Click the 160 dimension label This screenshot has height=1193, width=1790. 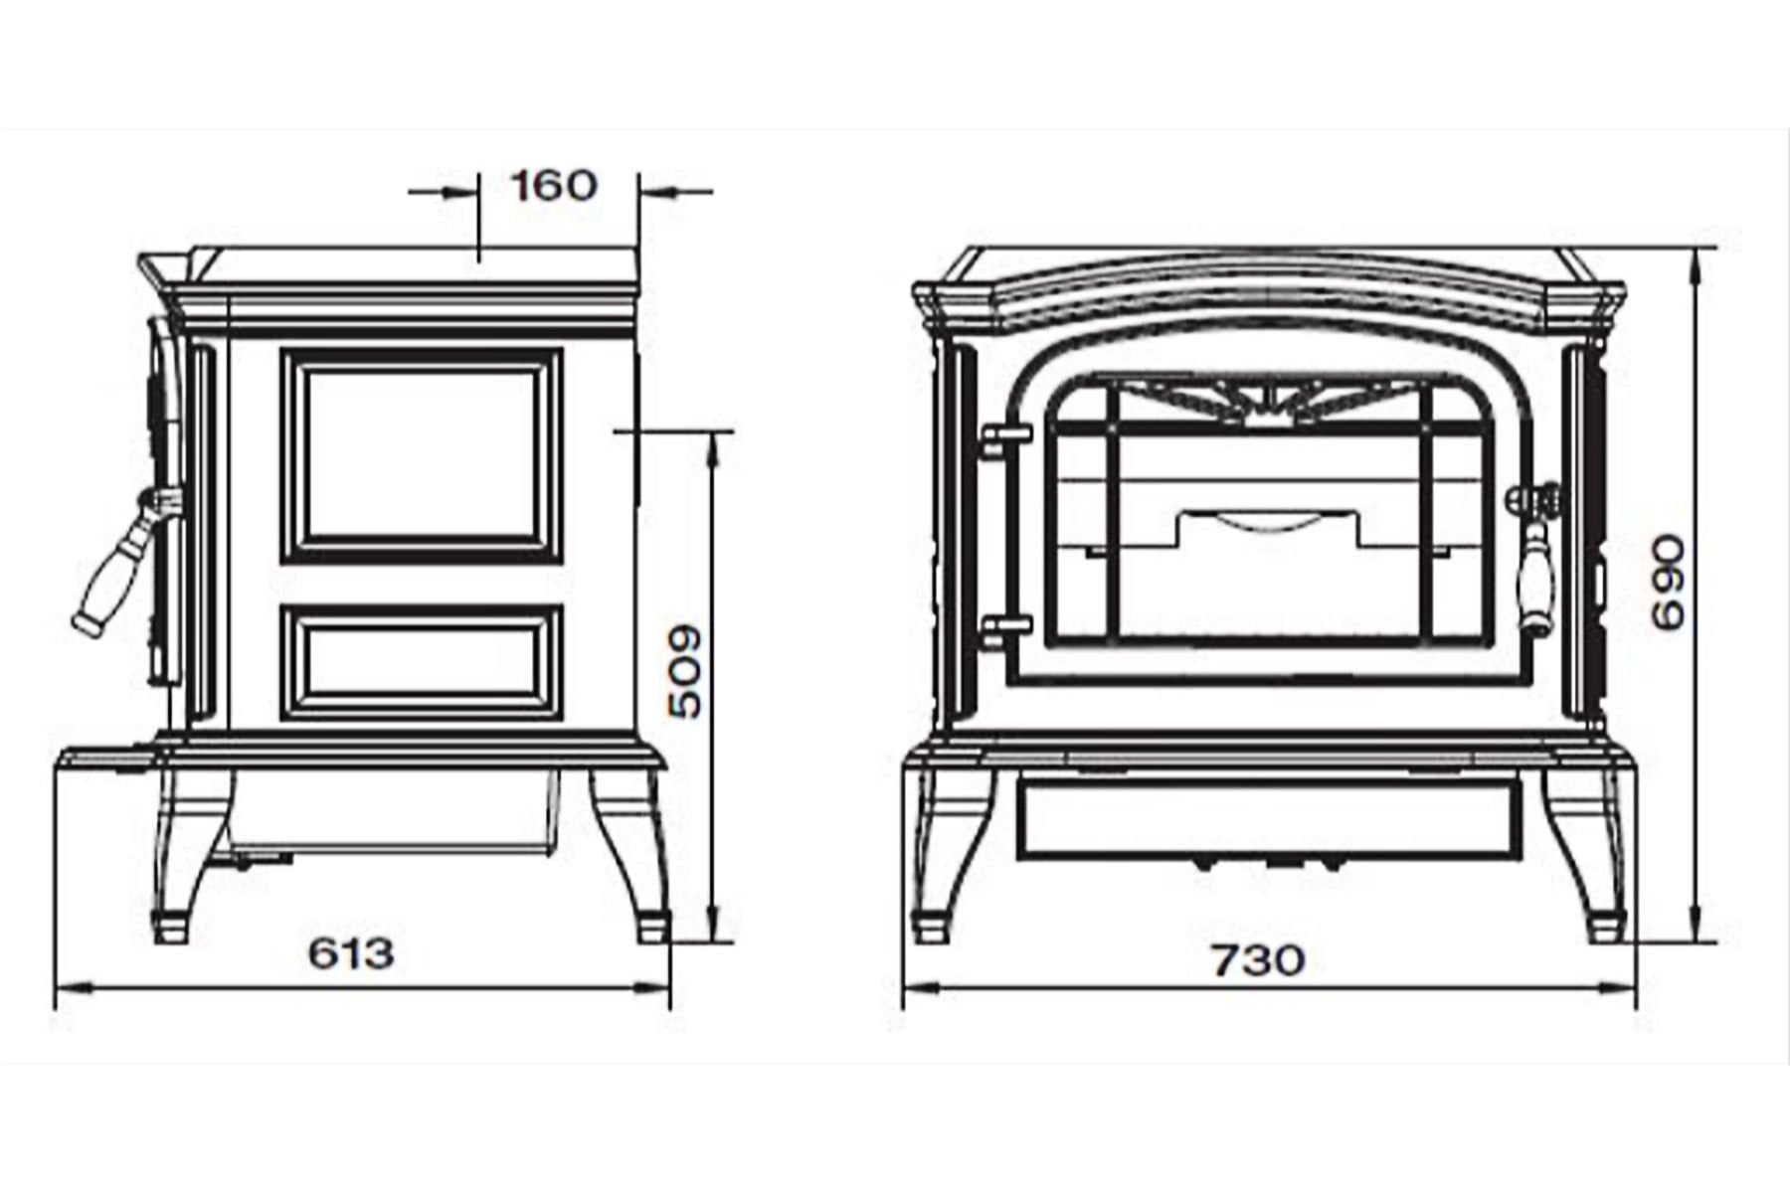click(x=554, y=185)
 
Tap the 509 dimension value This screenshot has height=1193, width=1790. click(x=685, y=671)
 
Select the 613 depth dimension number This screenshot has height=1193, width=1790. click(x=351, y=953)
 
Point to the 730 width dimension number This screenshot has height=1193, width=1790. click(x=1257, y=960)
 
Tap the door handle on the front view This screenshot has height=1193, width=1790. click(x=1537, y=557)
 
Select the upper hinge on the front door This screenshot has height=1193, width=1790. click(x=1006, y=440)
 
